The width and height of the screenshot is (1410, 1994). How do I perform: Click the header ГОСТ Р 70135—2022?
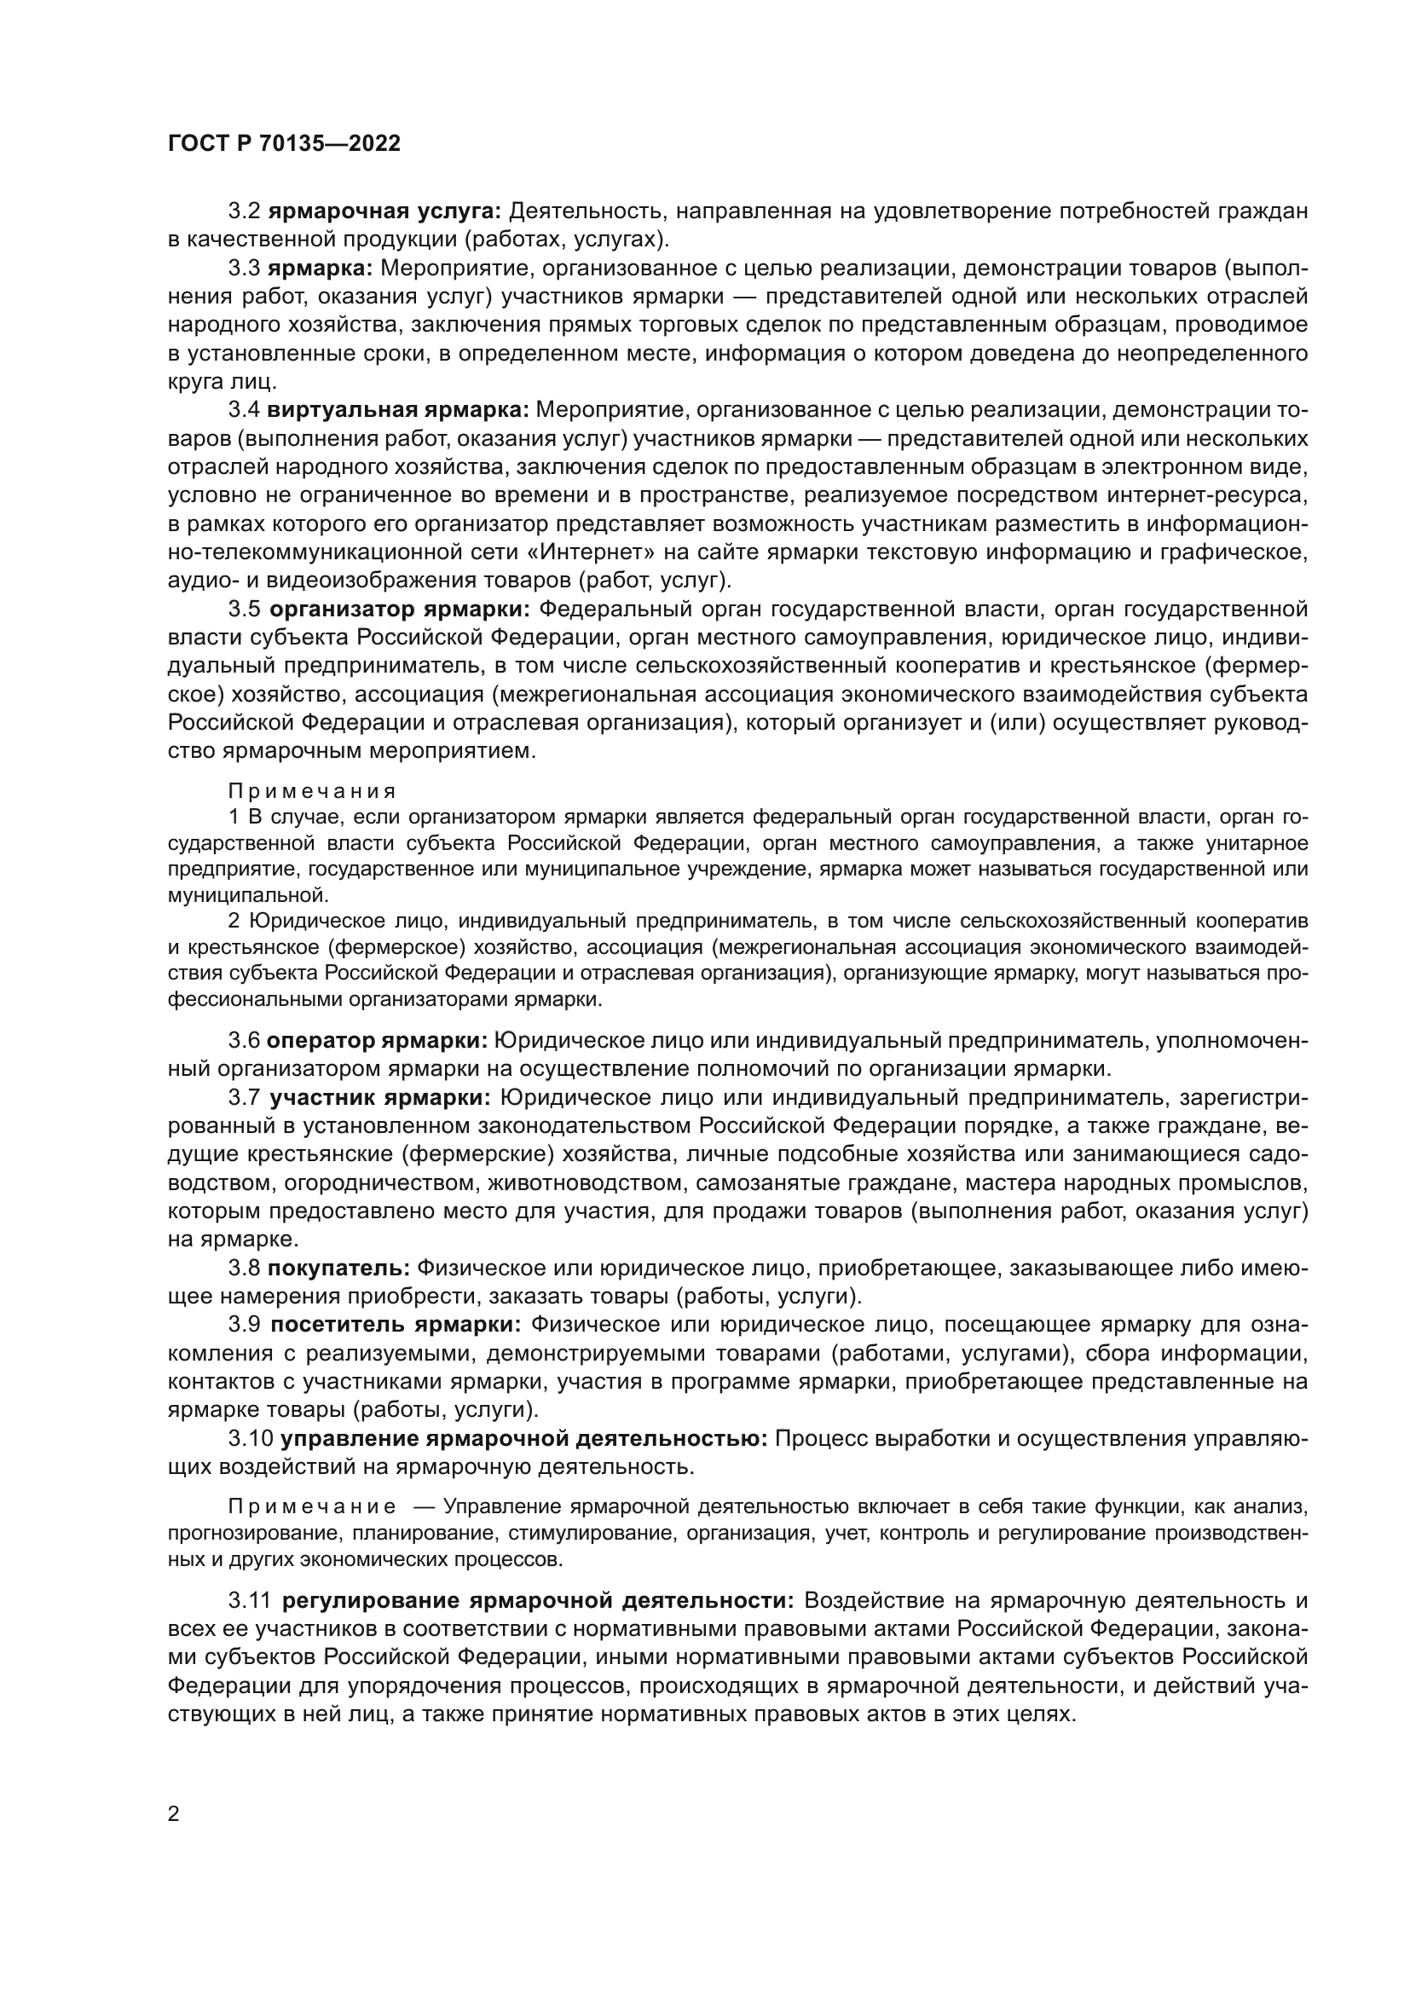click(x=284, y=144)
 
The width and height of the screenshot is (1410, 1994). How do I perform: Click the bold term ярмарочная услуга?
click(x=384, y=211)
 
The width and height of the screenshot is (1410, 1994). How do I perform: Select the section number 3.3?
click(x=244, y=269)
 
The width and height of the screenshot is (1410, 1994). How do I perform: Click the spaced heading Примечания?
click(x=312, y=791)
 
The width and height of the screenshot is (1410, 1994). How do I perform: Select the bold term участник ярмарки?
click(x=379, y=1098)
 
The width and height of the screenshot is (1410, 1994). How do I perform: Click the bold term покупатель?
click(x=338, y=1269)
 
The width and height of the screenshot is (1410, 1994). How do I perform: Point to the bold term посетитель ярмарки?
click(x=395, y=1326)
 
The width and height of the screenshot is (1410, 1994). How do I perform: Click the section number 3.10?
click(x=250, y=1439)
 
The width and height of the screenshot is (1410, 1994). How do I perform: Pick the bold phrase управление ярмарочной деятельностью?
click(x=523, y=1439)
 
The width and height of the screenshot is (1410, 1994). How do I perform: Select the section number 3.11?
click(x=250, y=1601)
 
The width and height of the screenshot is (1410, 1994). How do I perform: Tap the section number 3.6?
click(x=244, y=1040)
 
